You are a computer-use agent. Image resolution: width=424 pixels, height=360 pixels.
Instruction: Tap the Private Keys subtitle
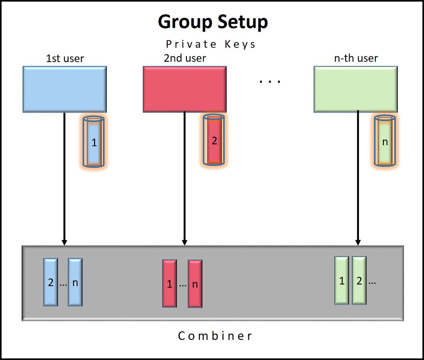click(211, 44)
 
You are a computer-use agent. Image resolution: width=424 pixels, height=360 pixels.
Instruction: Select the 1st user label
click(65, 59)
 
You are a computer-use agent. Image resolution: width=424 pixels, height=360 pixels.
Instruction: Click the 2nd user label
click(185, 58)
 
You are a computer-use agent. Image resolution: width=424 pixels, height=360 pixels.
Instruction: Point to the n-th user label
click(356, 58)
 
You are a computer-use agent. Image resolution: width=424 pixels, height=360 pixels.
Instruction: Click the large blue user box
click(65, 89)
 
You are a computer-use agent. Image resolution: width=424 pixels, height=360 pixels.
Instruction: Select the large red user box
click(184, 89)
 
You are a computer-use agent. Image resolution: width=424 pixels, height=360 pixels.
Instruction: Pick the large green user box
click(356, 89)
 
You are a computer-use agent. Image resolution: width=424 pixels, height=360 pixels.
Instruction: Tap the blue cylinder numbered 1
click(94, 142)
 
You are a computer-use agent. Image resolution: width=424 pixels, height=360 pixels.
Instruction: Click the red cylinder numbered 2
click(214, 140)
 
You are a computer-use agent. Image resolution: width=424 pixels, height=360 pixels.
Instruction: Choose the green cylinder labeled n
click(385, 141)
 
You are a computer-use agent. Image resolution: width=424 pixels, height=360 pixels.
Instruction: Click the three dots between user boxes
click(270, 82)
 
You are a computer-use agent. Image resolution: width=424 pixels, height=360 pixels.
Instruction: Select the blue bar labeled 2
click(51, 282)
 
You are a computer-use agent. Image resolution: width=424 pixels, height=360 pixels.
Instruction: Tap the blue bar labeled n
click(75, 282)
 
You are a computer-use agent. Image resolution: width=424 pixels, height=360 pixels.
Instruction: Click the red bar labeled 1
click(170, 283)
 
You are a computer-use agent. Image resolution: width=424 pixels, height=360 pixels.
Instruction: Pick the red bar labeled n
click(195, 284)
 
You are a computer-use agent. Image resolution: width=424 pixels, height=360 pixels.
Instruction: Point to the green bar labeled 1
click(342, 281)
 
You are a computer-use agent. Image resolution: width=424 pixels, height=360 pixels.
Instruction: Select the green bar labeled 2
click(359, 281)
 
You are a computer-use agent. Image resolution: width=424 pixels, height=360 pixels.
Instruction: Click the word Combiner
click(215, 336)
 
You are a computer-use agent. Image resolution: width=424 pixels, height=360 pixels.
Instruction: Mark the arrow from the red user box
click(184, 178)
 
